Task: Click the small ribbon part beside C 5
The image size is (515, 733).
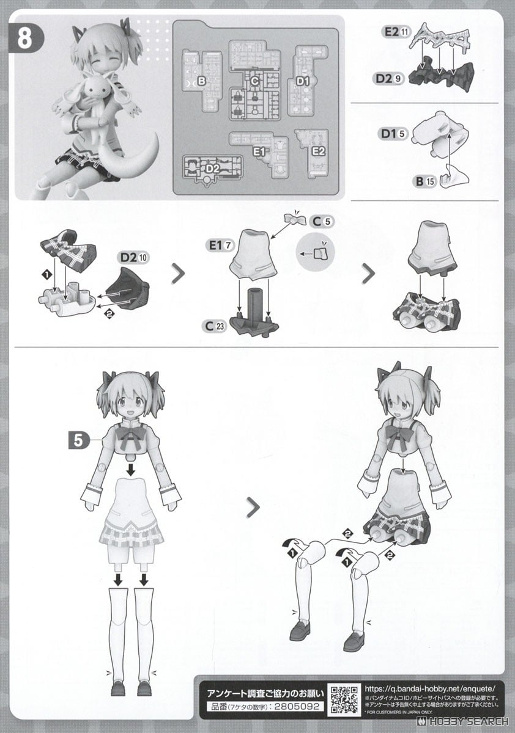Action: tap(296, 219)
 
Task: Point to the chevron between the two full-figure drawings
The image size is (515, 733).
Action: tap(251, 506)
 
